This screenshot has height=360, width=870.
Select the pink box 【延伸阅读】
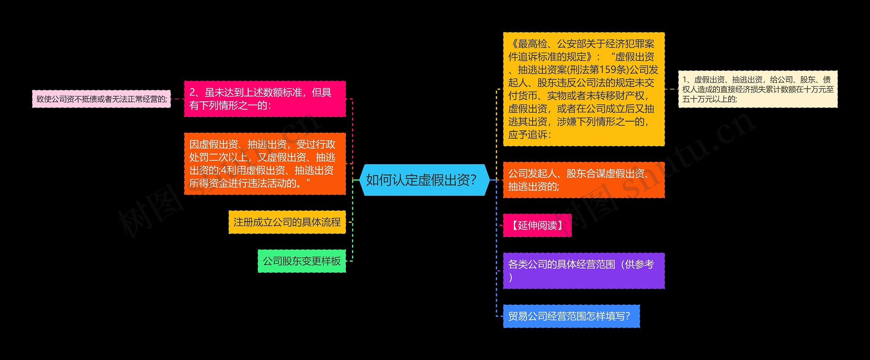click(537, 225)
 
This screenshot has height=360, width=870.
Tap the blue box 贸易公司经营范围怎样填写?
click(571, 316)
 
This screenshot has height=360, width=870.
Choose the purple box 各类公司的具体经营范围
click(584, 271)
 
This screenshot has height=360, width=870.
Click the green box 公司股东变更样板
click(301, 261)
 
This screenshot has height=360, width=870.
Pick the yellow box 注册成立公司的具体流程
click(287, 222)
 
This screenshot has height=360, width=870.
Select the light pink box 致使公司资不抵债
click(101, 99)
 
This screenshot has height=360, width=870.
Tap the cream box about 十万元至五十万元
click(758, 89)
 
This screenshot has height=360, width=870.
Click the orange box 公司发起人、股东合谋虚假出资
click(584, 180)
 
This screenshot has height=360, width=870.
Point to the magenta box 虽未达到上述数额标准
click(265, 99)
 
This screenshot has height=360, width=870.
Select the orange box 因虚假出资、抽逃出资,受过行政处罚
click(265, 164)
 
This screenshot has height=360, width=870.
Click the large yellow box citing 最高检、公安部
click(584, 89)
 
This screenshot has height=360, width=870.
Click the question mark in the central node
click(473, 180)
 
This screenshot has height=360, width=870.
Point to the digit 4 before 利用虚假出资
click(224, 170)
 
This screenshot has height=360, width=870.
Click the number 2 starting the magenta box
click(193, 92)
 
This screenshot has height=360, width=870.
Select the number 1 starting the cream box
click(685, 80)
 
